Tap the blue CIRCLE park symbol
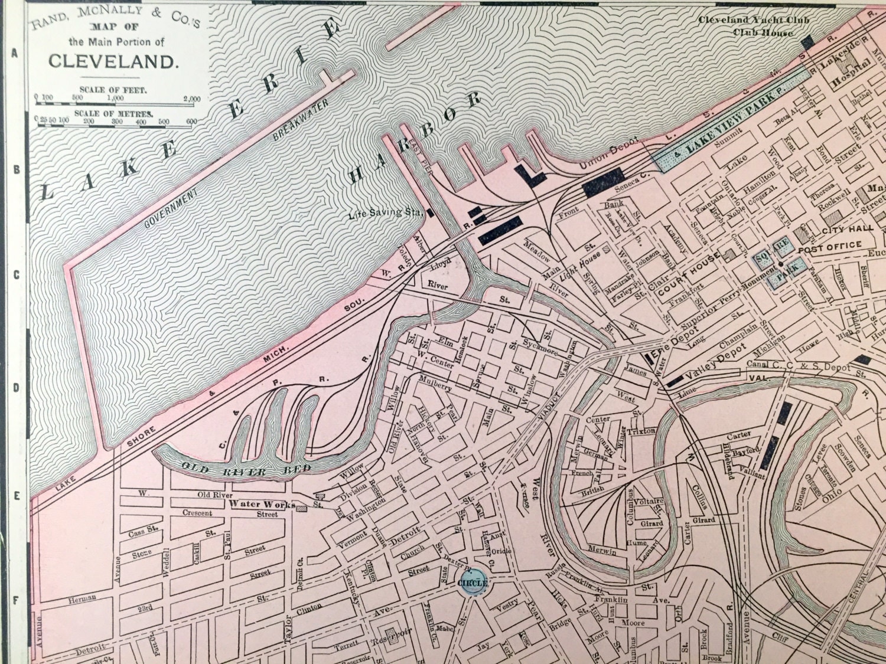pyautogui.click(x=473, y=583)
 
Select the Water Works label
pyautogui.click(x=253, y=504)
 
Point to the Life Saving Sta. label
pyautogui.click(x=385, y=212)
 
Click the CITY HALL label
pyautogui.click(x=846, y=229)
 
